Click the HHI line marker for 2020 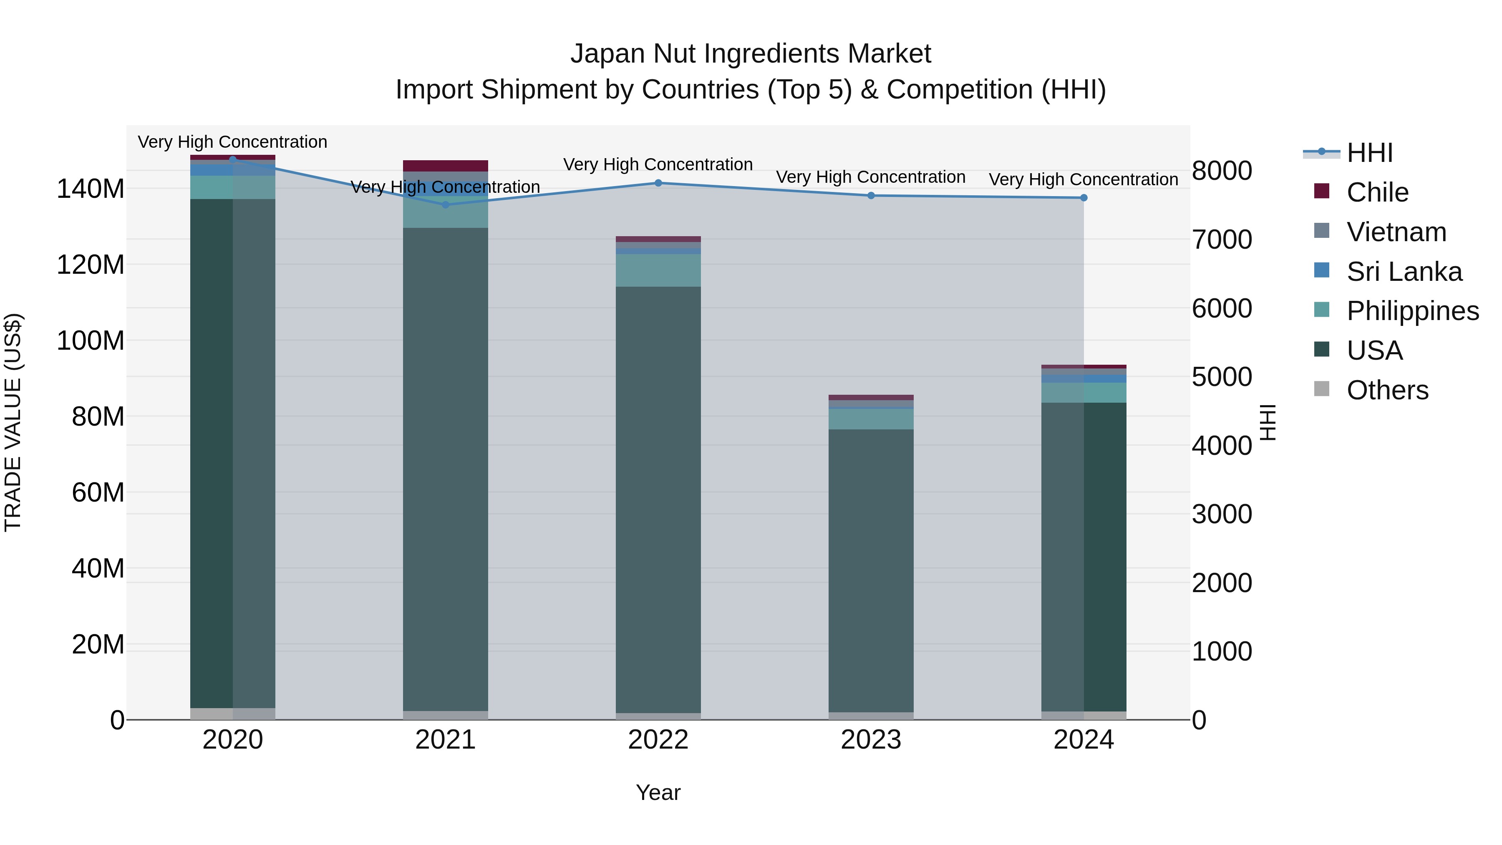tap(233, 159)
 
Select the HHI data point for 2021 tap(446, 205)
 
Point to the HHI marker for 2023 tap(871, 195)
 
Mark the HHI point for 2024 tap(1084, 198)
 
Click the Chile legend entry tap(1377, 192)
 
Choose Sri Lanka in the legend tap(1404, 272)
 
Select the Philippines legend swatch tap(1322, 310)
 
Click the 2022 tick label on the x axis tap(658, 740)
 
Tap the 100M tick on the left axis tap(91, 341)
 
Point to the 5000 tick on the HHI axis tap(1222, 377)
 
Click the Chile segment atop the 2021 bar tap(446, 166)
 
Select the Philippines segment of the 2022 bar tap(658, 270)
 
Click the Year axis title tap(658, 792)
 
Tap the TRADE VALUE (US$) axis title tap(13, 422)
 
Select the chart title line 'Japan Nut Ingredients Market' tap(751, 54)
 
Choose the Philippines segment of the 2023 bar tap(871, 419)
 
